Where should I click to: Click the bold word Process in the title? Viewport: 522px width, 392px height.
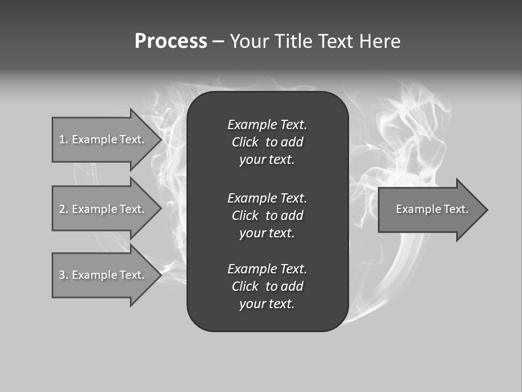click(x=171, y=41)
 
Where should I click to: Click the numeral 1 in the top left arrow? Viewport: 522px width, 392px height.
click(x=61, y=139)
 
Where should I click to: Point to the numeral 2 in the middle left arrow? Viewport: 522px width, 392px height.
click(x=62, y=209)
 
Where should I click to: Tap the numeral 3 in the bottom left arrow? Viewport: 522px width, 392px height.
click(x=62, y=275)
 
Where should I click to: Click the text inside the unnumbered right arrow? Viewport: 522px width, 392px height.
click(x=432, y=209)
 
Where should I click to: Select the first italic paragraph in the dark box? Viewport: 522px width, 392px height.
click(x=267, y=142)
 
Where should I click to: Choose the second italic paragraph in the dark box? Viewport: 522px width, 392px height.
click(x=267, y=216)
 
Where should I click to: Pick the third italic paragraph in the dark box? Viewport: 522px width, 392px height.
click(x=267, y=286)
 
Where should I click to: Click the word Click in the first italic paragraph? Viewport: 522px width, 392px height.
click(x=245, y=142)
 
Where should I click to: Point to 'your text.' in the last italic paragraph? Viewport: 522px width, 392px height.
click(x=267, y=304)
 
